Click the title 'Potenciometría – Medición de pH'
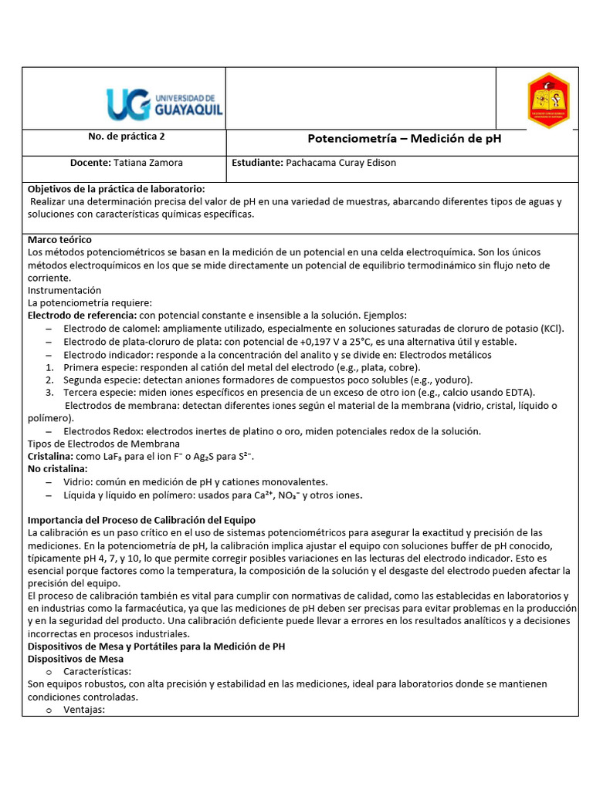tap(405, 139)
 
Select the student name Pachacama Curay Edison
tap(341, 163)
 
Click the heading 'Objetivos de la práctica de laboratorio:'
tap(117, 189)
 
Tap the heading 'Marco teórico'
tap(59, 240)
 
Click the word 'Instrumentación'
tap(64, 290)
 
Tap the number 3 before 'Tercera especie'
tap(49, 393)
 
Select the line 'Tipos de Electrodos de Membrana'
tap(103, 444)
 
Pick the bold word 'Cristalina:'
tap(50, 456)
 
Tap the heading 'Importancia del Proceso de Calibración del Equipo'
tap(141, 520)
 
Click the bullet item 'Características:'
tap(97, 671)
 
